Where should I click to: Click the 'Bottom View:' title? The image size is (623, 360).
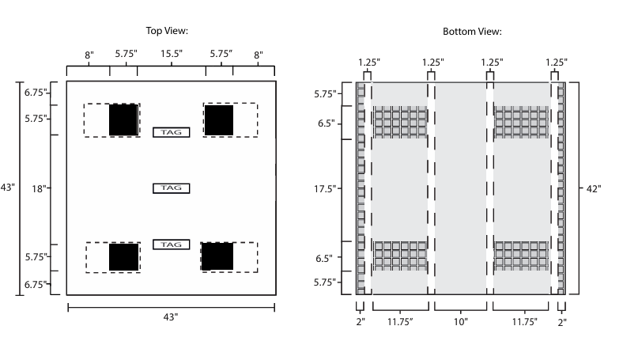click(472, 32)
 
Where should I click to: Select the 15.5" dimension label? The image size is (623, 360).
click(172, 55)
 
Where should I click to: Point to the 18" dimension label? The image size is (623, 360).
click(38, 188)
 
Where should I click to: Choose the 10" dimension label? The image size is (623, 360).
click(461, 322)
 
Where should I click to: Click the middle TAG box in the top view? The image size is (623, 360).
click(172, 188)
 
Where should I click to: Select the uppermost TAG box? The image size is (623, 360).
click(172, 132)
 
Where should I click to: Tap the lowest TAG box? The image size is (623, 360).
click(172, 245)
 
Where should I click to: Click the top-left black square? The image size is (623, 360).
click(123, 119)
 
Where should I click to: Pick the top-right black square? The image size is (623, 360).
click(219, 119)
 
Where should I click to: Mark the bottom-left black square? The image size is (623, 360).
click(123, 257)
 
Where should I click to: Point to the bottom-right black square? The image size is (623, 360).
click(217, 256)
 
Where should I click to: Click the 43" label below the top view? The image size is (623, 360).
click(171, 317)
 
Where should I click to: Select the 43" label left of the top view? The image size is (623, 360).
click(8, 188)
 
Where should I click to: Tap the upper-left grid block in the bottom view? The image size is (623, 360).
click(400, 123)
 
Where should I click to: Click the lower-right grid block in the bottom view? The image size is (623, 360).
click(522, 256)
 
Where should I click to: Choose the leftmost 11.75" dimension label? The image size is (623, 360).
click(400, 322)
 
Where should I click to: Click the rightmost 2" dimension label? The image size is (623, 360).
click(561, 322)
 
